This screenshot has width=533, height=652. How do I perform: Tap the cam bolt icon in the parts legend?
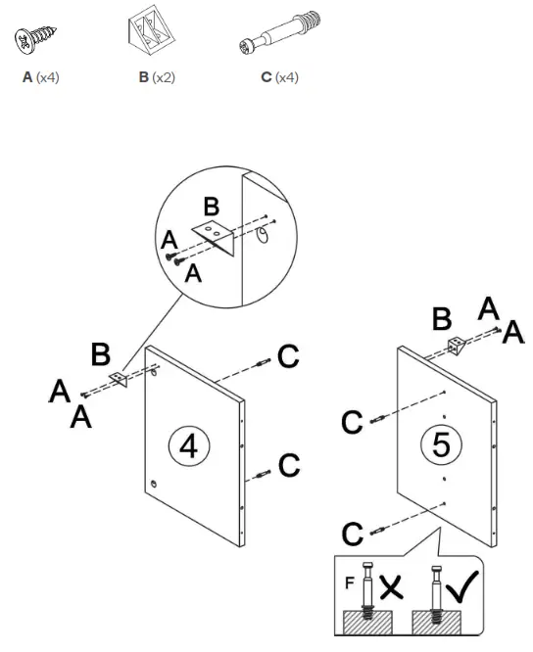(281, 33)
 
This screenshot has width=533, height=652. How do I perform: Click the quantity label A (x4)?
(41, 77)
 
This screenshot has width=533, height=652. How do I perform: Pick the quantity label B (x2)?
(157, 77)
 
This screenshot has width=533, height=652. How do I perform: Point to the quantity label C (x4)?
(280, 77)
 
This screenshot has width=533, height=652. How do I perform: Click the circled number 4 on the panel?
(189, 445)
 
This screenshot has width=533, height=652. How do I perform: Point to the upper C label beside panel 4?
(287, 358)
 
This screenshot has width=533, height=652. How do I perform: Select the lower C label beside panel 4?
(287, 464)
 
